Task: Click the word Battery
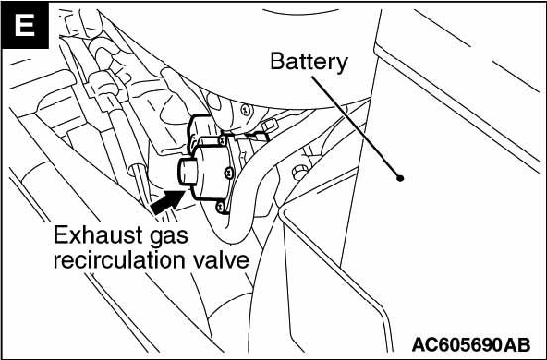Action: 308,62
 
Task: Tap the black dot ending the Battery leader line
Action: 401,180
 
